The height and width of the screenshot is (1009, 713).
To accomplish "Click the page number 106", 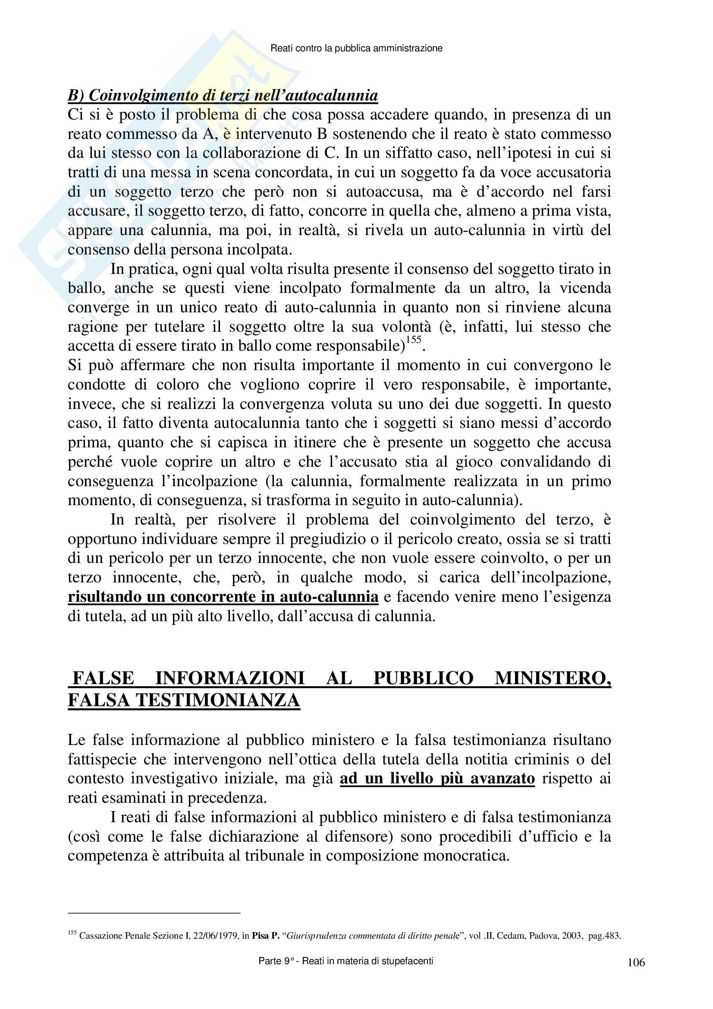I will click(x=636, y=962).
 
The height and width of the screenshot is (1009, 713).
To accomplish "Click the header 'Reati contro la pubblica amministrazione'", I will click(x=356, y=48).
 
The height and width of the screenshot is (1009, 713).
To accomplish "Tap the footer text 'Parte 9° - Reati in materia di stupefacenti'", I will click(x=346, y=961).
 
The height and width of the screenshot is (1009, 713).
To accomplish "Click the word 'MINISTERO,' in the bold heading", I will click(x=553, y=679).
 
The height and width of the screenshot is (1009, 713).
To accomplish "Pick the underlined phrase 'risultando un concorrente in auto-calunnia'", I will click(x=223, y=597).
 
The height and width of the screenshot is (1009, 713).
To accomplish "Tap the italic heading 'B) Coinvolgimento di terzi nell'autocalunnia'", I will click(x=223, y=95).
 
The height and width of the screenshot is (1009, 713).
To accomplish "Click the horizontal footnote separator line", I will click(x=154, y=913).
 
